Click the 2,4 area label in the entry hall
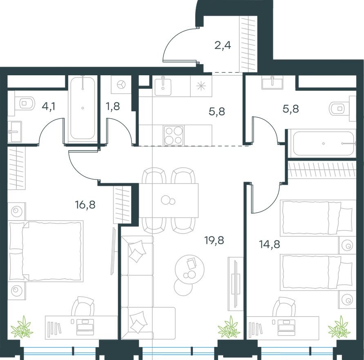223,45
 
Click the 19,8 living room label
214,239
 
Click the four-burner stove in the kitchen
173,135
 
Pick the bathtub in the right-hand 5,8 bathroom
324,143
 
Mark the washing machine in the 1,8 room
121,84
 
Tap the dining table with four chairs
168,200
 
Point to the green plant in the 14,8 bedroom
339,327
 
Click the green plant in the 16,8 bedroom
22,327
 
